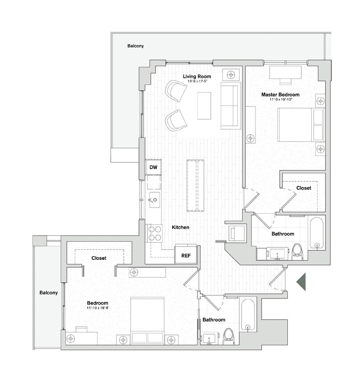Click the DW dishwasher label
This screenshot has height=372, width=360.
[154, 167]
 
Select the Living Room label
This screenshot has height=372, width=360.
[197, 76]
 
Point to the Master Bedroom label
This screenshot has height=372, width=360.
[281, 95]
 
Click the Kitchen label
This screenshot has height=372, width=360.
[180, 227]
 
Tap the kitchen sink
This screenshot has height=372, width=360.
[154, 200]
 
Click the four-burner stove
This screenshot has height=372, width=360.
[155, 233]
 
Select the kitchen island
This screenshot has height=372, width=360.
[195, 186]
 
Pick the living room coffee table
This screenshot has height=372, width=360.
[204, 106]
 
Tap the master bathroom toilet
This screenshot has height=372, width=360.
[298, 252]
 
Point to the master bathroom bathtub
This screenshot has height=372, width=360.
[316, 233]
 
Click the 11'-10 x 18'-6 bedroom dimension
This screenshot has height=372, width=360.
[97, 308]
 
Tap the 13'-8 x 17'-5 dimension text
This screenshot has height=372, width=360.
[197, 81]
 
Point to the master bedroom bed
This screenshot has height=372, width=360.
[301, 125]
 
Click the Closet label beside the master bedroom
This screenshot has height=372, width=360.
[304, 188]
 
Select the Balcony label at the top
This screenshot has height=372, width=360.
[136, 46]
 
